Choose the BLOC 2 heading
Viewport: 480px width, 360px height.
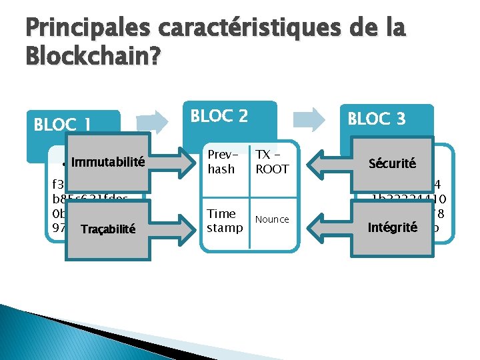(219, 116)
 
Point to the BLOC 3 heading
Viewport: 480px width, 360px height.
(377, 119)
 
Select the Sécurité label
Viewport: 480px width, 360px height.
(392, 163)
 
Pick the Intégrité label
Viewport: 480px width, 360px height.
(392, 228)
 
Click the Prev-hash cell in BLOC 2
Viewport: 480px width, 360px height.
(221, 162)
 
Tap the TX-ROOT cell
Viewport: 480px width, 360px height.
(272, 162)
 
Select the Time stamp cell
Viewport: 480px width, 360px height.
(221, 220)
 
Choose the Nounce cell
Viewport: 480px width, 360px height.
(272, 219)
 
